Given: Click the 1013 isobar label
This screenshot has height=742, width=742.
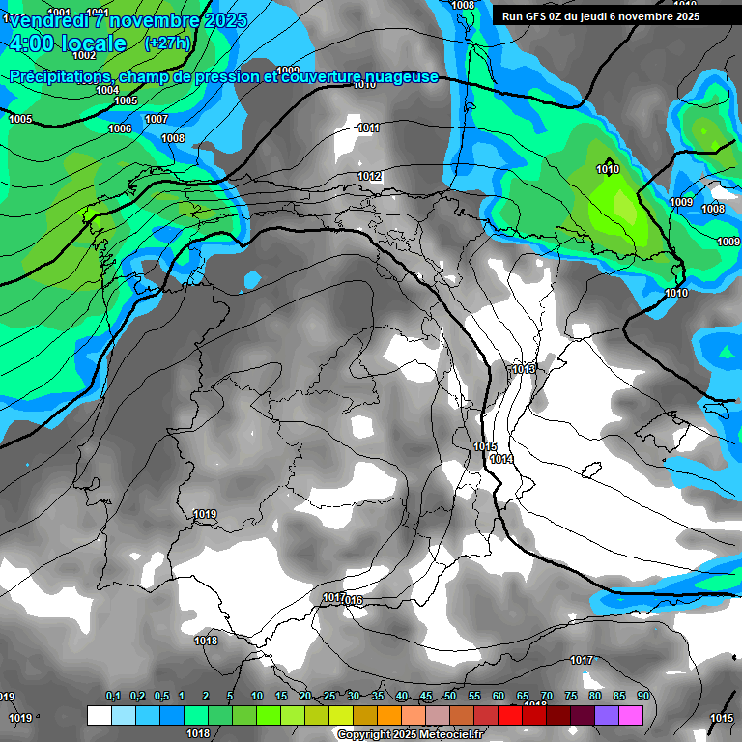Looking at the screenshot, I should click(x=525, y=370).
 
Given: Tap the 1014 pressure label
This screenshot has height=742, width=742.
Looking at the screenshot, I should click(x=501, y=459).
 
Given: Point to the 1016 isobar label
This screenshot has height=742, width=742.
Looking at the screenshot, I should click(x=352, y=601).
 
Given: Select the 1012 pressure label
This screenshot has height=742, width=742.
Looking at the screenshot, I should click(x=369, y=176).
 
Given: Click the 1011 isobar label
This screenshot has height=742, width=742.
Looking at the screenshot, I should click(x=368, y=128).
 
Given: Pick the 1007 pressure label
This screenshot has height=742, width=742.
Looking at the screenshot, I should click(x=157, y=120).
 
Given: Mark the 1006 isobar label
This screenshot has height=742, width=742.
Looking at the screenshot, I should click(x=120, y=129).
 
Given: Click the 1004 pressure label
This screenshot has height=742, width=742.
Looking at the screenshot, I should click(x=108, y=91).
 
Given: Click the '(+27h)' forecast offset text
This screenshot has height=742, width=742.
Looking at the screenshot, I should click(x=166, y=43).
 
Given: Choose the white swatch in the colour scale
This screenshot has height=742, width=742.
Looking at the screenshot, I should click(x=99, y=716).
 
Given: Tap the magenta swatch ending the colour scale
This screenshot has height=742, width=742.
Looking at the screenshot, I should click(x=631, y=716).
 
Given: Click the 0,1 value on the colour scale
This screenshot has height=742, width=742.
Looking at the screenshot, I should click(x=113, y=697).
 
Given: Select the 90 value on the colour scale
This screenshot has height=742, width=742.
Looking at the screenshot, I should click(x=642, y=697).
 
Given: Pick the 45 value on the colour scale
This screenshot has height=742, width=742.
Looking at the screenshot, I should click(x=426, y=697).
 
